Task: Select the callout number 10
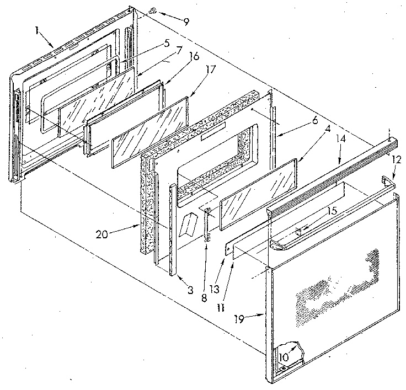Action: click(282, 357)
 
